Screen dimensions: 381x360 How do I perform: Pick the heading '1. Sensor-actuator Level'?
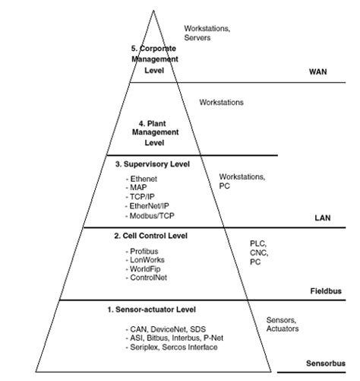coord(153,310)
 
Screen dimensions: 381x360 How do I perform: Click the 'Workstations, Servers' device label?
coord(207,33)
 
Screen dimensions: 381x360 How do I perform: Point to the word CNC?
coord(259,252)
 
